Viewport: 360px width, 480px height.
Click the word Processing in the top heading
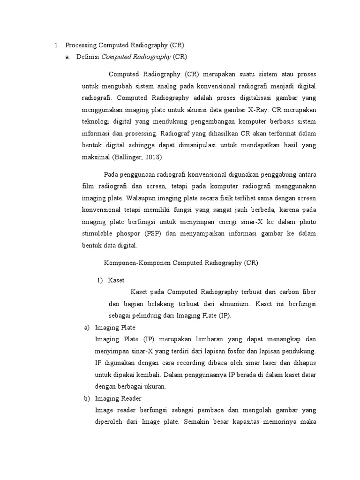81,45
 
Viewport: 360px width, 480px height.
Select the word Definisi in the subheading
88,57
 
